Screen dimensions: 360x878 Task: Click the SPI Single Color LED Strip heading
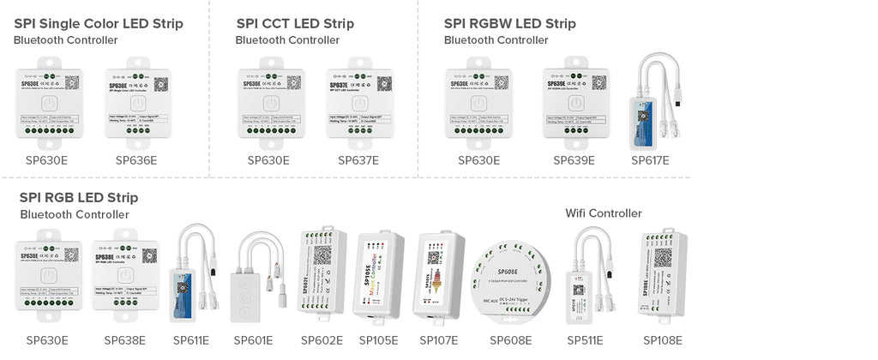point(99,23)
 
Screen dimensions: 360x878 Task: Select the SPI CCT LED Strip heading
point(295,23)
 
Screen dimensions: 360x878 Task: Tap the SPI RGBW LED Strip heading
point(510,23)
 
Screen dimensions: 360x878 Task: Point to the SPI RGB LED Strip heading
point(79,198)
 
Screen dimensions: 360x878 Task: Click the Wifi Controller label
point(604,213)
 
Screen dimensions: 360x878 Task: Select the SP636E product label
point(136,160)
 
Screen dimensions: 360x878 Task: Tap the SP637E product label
point(358,160)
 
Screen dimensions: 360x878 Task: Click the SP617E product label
point(650,160)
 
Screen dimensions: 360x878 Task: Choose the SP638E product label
point(125,340)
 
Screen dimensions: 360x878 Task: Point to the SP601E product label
point(252,340)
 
